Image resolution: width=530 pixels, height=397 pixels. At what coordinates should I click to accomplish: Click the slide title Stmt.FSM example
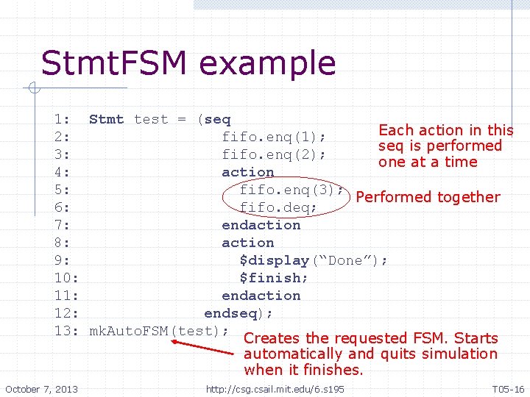(x=188, y=63)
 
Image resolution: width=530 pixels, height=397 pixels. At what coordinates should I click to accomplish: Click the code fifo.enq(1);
(x=274, y=137)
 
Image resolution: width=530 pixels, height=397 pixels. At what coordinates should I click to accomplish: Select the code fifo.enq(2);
(x=274, y=154)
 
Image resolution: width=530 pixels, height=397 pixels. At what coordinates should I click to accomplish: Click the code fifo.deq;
(x=278, y=207)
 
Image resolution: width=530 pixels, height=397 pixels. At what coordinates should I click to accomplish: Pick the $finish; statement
(x=274, y=278)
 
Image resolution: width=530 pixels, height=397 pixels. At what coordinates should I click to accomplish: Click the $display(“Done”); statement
(x=314, y=260)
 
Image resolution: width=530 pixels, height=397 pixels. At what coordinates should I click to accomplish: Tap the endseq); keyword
(x=239, y=313)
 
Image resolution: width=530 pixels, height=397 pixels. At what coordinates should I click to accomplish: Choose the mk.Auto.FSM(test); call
(x=159, y=331)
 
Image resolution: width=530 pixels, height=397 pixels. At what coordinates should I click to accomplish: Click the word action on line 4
(x=248, y=172)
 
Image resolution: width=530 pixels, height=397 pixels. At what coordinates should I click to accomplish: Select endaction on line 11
(x=261, y=296)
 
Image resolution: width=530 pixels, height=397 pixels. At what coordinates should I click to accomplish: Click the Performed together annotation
(x=427, y=197)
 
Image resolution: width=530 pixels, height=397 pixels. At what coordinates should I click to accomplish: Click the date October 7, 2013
(x=42, y=388)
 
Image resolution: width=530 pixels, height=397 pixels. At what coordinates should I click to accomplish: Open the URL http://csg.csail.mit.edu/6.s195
(x=275, y=388)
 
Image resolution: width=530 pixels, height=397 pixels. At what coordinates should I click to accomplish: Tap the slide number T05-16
(x=508, y=388)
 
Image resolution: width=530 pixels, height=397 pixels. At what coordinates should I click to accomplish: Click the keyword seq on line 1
(x=217, y=119)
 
